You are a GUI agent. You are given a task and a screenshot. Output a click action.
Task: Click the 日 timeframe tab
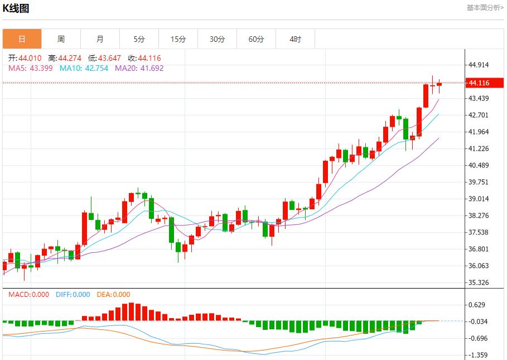(22, 39)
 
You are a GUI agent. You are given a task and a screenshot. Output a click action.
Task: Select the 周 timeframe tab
(61, 39)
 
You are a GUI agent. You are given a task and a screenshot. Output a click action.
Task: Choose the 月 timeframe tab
(100, 39)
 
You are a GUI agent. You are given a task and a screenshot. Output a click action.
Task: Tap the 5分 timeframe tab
(139, 39)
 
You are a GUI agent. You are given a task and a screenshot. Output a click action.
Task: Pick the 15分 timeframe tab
(178, 39)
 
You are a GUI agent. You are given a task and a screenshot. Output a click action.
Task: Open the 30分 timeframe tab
(217, 39)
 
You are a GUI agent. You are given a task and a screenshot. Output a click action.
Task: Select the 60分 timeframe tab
(256, 39)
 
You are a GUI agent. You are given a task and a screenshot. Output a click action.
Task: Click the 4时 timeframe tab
(295, 39)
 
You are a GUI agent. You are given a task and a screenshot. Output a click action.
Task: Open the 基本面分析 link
(485, 7)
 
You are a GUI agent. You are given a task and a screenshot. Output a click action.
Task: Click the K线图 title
(16, 8)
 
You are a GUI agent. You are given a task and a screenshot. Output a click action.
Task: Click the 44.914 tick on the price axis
(479, 65)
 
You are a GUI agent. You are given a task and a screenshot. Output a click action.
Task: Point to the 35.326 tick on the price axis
(479, 282)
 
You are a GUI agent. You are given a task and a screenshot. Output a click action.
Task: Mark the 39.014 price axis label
(479, 199)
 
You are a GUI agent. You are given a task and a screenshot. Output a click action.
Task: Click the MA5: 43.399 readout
(30, 68)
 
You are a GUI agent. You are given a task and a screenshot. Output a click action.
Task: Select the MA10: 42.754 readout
(84, 68)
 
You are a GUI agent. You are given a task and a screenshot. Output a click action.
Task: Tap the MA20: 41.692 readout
(139, 68)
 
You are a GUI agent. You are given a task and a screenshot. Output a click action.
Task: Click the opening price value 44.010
(30, 58)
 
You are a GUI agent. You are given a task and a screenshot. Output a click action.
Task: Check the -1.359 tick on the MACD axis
(479, 355)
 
